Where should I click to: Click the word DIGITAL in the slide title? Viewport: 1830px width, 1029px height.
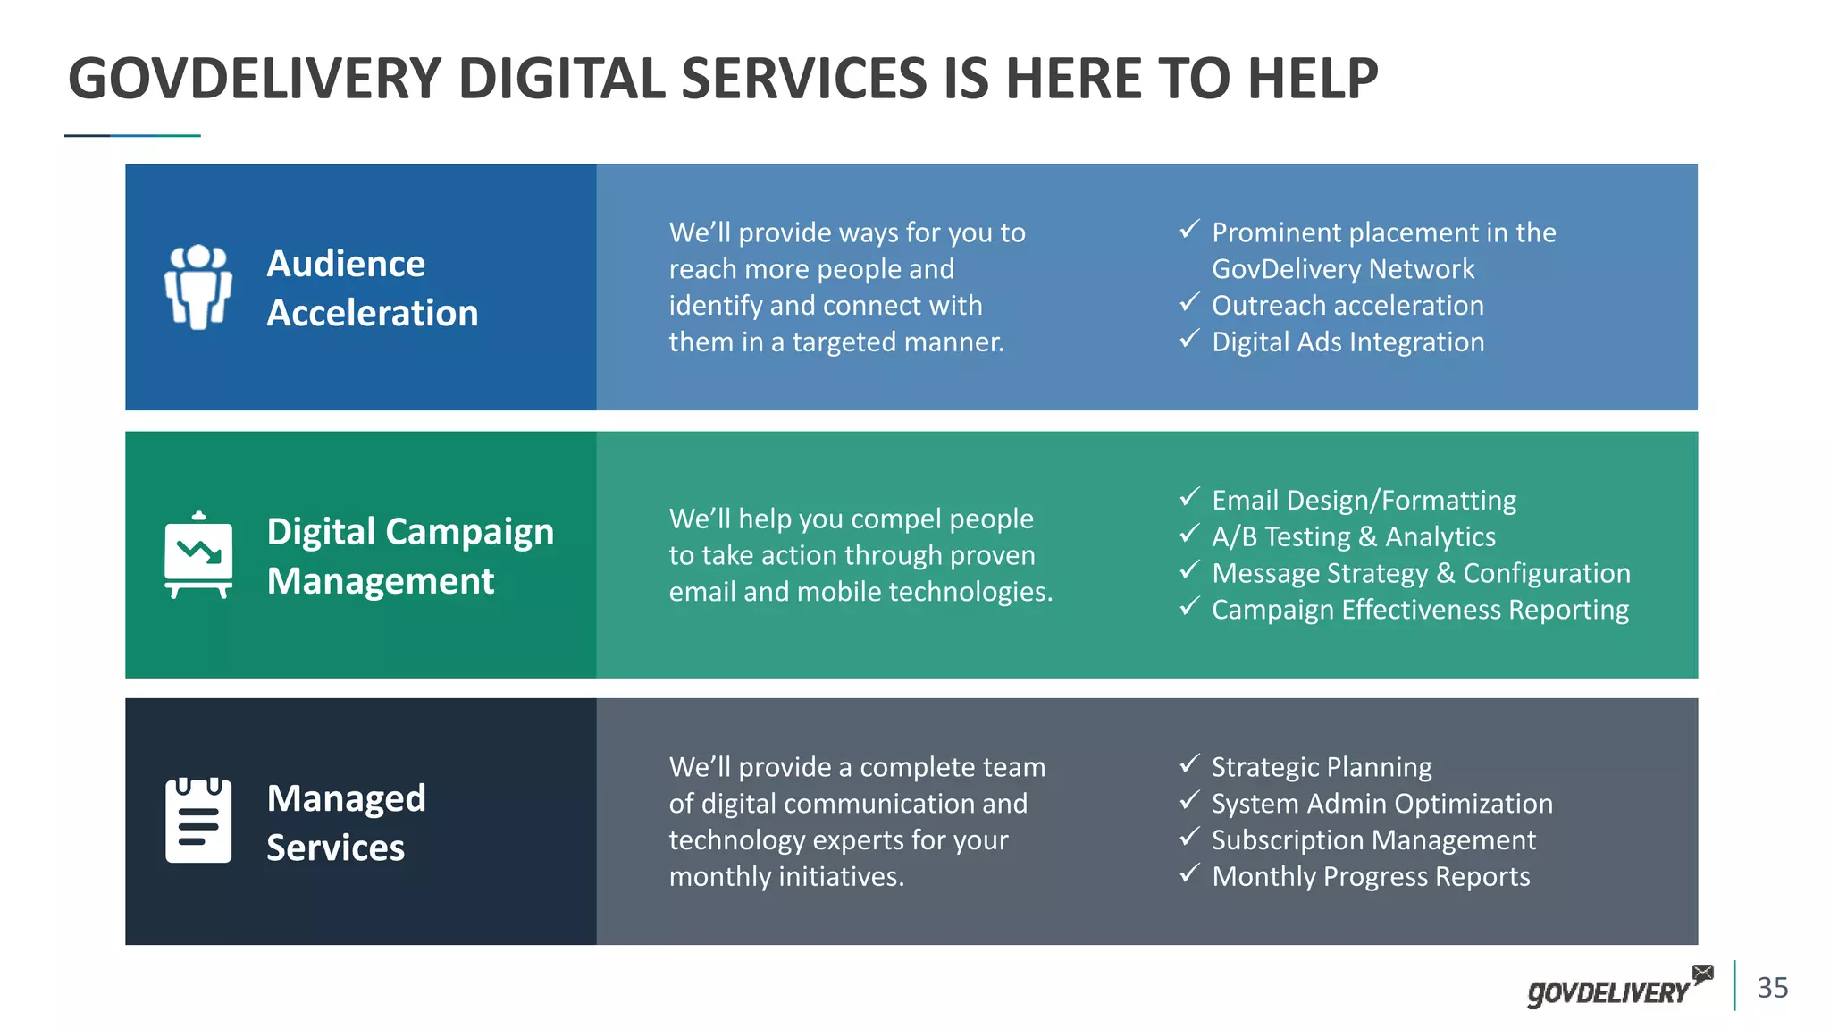[561, 79]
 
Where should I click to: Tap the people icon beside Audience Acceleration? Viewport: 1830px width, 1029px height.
[198, 287]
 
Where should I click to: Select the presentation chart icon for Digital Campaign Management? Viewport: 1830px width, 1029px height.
[198, 555]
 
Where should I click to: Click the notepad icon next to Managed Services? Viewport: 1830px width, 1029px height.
[198, 821]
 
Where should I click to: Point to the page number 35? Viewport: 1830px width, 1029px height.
[1773, 988]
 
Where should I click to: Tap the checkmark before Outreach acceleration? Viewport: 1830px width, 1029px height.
[1188, 303]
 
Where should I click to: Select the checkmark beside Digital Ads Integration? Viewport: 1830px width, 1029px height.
[1188, 340]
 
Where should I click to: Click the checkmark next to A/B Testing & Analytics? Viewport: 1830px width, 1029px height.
[1188, 535]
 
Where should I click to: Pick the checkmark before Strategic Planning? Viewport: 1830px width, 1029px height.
[1188, 764]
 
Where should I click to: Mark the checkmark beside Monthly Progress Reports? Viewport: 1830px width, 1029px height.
[1188, 874]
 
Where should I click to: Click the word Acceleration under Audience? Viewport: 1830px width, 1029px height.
[373, 313]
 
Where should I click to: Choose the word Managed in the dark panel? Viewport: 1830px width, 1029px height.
[346, 798]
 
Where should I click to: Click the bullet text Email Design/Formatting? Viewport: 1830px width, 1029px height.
[1364, 500]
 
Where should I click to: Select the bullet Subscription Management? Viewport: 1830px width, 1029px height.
[1373, 840]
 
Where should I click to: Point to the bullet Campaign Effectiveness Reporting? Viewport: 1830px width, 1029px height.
[1420, 610]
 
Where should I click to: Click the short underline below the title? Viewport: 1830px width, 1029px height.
[132, 136]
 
